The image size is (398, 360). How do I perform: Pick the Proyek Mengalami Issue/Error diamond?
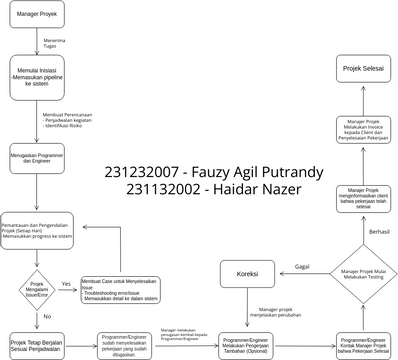pyautogui.click(x=38, y=284)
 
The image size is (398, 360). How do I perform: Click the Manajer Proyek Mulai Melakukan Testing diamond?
pyautogui.click(x=358, y=273)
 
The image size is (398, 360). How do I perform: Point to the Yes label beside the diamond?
pyautogui.click(x=68, y=283)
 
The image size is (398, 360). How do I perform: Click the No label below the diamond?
pyautogui.click(x=47, y=315)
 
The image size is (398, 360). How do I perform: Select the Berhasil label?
pyautogui.click(x=380, y=230)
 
